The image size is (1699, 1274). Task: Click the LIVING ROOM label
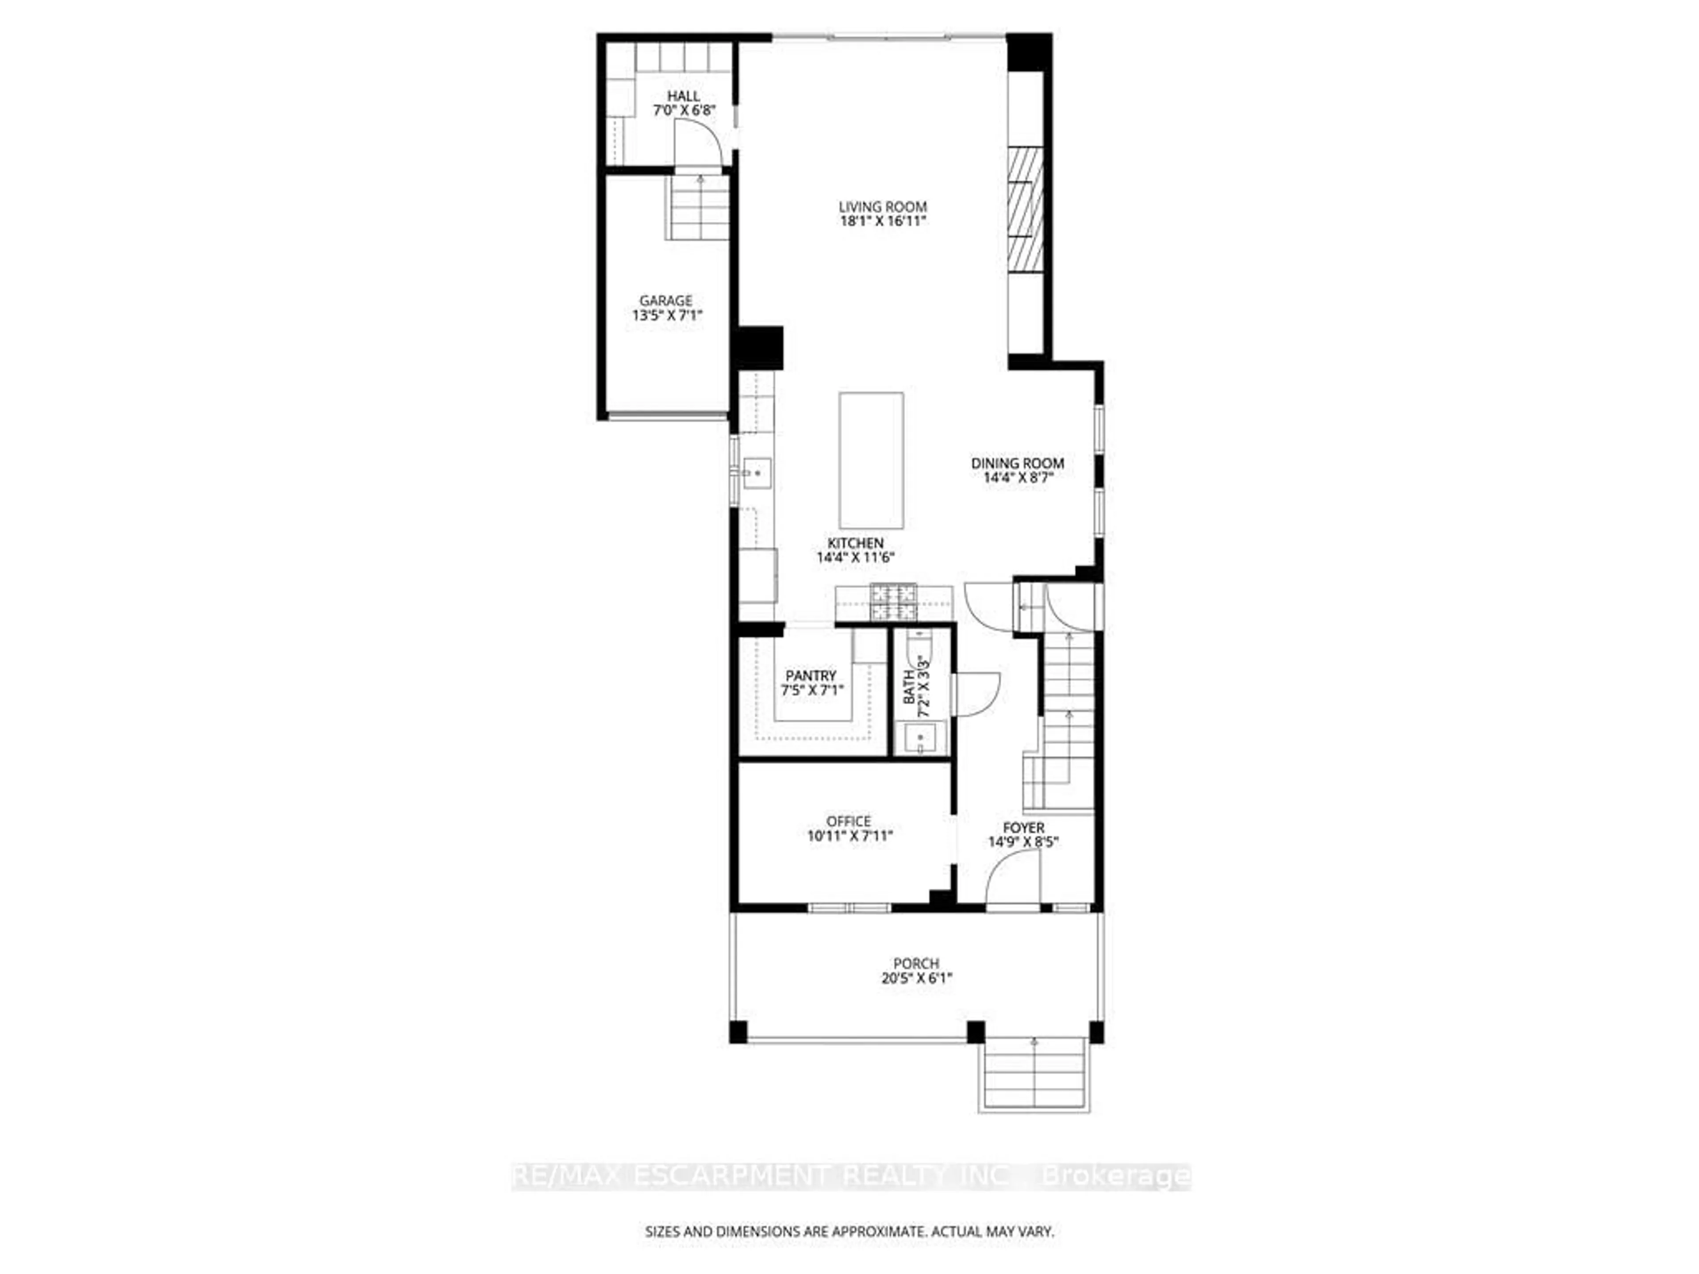(x=883, y=207)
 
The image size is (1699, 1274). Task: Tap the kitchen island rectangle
(x=871, y=460)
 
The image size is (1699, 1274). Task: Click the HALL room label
(x=683, y=96)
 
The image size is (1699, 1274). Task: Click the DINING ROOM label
(x=1017, y=463)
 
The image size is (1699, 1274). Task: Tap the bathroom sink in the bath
(x=919, y=738)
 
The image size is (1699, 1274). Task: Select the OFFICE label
(x=849, y=821)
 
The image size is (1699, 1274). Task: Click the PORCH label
(x=915, y=963)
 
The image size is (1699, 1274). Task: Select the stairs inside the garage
(x=697, y=207)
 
